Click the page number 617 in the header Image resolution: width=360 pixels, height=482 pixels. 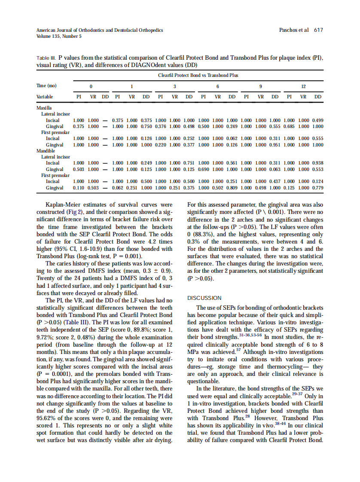point(318,30)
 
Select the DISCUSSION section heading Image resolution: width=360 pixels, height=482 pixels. point(204,298)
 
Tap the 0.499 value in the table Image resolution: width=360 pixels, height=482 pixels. point(318,120)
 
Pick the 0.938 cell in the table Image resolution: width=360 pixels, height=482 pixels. point(318,163)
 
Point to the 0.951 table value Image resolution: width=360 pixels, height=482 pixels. point(275,145)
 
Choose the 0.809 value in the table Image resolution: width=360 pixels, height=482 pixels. point(232,188)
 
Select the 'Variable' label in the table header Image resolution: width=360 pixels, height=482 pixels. point(46,97)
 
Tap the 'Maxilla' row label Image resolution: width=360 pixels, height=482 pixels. point(45,108)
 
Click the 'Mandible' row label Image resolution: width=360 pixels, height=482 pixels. point(46,151)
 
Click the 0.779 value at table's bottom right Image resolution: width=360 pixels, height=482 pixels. point(318,188)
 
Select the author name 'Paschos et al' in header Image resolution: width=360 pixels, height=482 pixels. point(294,30)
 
